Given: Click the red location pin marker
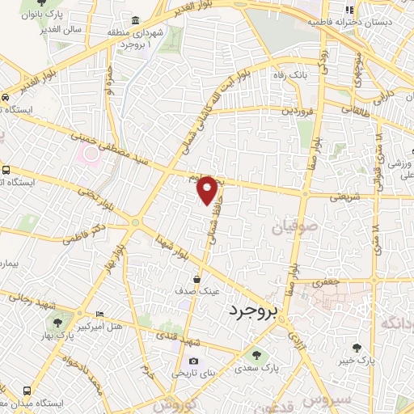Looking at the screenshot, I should [x=208, y=190].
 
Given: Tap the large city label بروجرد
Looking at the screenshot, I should [x=264, y=310].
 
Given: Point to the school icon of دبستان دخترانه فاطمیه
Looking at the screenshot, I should [x=349, y=10].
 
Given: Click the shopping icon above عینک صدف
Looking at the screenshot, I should [x=197, y=280].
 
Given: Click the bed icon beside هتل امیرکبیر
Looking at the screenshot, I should [x=99, y=314].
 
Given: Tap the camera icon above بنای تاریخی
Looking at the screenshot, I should [x=192, y=361].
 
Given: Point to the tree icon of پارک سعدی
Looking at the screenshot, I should [x=257, y=354].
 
